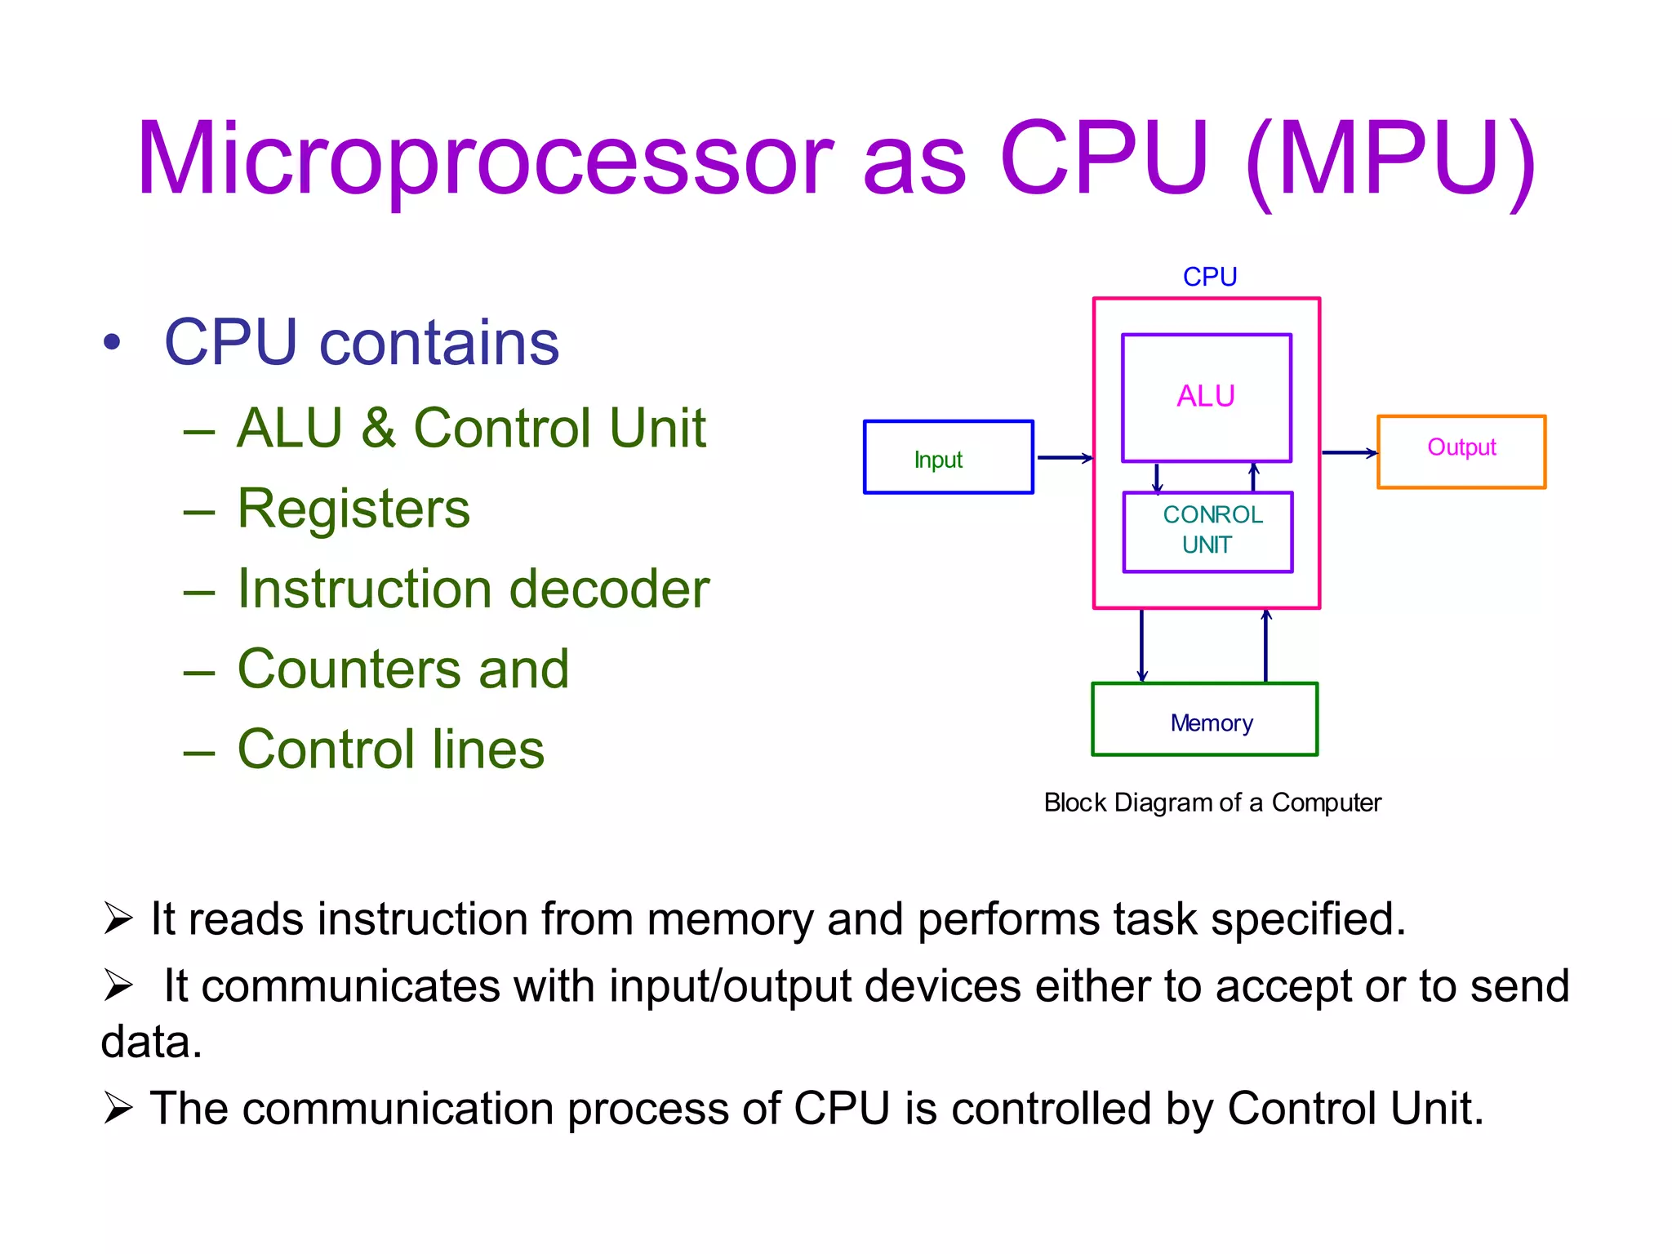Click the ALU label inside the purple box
(1206, 396)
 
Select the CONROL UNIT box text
(1211, 530)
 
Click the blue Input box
(948, 458)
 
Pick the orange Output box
(1461, 451)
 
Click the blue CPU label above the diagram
(1210, 277)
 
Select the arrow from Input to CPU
(1064, 458)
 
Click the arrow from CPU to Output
(1349, 452)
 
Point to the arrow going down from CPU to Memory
(1141, 645)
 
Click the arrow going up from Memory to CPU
(1265, 645)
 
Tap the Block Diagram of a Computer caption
(1212, 803)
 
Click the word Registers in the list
(354, 509)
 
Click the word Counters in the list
(350, 669)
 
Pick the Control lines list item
(390, 749)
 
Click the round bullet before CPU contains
(112, 342)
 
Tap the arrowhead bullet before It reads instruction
(118, 919)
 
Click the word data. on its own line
(151, 1043)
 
